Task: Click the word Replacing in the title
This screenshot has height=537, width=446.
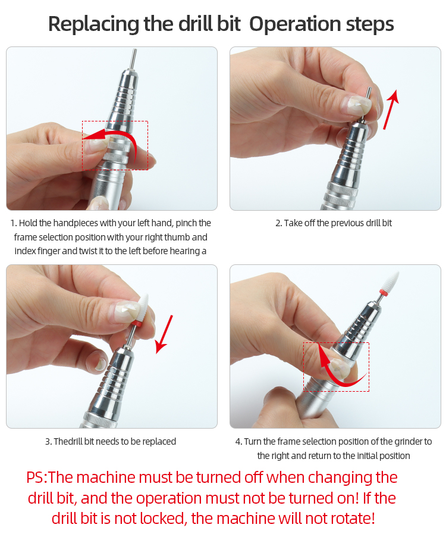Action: (x=94, y=24)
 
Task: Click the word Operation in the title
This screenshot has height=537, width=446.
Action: (x=295, y=24)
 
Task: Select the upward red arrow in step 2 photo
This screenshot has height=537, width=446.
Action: (x=391, y=110)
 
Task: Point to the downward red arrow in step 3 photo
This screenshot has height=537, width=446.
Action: (x=165, y=334)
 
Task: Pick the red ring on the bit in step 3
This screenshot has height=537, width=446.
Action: (x=137, y=324)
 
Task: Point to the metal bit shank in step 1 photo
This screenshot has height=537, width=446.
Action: (x=133, y=60)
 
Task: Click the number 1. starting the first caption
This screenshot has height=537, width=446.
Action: (x=14, y=223)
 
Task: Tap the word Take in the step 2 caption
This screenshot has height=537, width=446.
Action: (x=293, y=223)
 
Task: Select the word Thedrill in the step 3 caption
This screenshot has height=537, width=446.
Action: (x=68, y=442)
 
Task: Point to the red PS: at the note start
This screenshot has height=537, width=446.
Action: (x=37, y=477)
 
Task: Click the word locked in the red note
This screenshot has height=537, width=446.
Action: (x=163, y=519)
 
